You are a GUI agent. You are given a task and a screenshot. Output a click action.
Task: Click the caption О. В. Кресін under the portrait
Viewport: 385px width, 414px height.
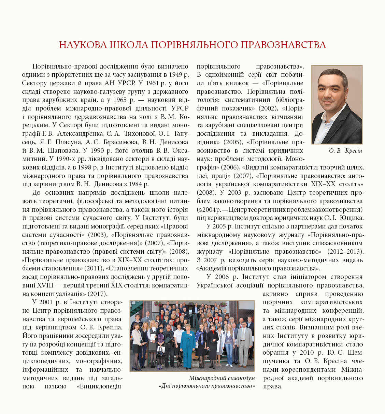(x=345, y=151)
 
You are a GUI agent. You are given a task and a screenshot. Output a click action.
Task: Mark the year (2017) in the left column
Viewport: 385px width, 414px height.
(x=98, y=294)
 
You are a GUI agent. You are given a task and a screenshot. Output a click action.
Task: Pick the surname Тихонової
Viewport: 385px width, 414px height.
(x=140, y=133)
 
